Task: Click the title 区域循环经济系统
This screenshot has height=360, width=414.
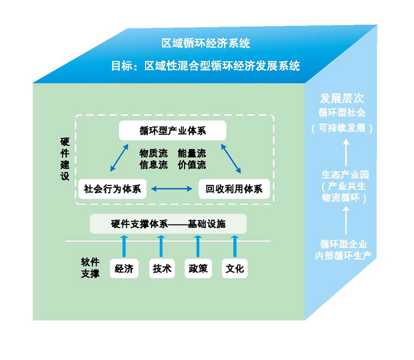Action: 206,44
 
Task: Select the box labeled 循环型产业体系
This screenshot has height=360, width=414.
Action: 173,131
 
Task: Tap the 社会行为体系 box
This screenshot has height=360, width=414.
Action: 113,189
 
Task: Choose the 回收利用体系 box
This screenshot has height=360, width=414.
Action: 234,189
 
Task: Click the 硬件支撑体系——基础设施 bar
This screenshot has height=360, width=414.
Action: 168,224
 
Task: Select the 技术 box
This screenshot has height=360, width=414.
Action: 162,268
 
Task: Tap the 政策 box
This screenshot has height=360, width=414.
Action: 198,268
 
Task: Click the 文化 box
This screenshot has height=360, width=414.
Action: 235,268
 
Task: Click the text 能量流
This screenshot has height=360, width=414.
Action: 192,153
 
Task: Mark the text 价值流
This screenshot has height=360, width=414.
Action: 192,164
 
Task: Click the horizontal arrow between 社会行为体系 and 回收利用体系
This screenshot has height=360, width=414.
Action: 172,190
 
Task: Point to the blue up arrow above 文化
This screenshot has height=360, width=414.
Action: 235,246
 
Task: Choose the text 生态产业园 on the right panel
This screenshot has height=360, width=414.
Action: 345,175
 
